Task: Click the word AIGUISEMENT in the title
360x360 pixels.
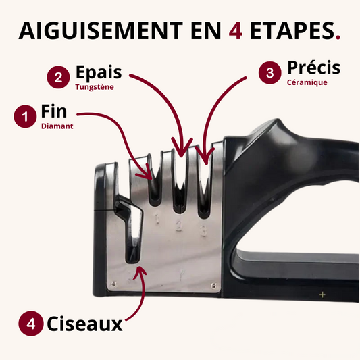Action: [x=101, y=30]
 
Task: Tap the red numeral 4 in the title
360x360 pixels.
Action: [x=235, y=31]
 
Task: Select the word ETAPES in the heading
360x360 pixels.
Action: [x=292, y=30]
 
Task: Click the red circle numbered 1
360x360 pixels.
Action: [x=25, y=116]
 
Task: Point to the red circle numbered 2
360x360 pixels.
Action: [x=58, y=78]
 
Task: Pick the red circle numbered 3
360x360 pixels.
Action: [x=269, y=72]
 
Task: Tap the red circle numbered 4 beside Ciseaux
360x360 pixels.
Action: [x=31, y=324]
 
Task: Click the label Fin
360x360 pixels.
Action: [x=54, y=111]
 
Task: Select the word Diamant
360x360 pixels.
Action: [x=57, y=126]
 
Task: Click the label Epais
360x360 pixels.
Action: [x=99, y=72]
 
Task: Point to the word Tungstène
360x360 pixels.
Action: [x=95, y=87]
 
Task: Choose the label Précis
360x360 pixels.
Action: [x=314, y=68]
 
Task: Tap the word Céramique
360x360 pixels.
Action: [x=307, y=82]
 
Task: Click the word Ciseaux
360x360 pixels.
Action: [x=84, y=324]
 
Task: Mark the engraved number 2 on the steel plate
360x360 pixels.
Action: [x=179, y=225]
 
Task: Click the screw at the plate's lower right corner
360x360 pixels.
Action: [x=213, y=286]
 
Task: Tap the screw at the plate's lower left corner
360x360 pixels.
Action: [x=113, y=284]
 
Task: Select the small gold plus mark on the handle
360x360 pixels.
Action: [x=322, y=294]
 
